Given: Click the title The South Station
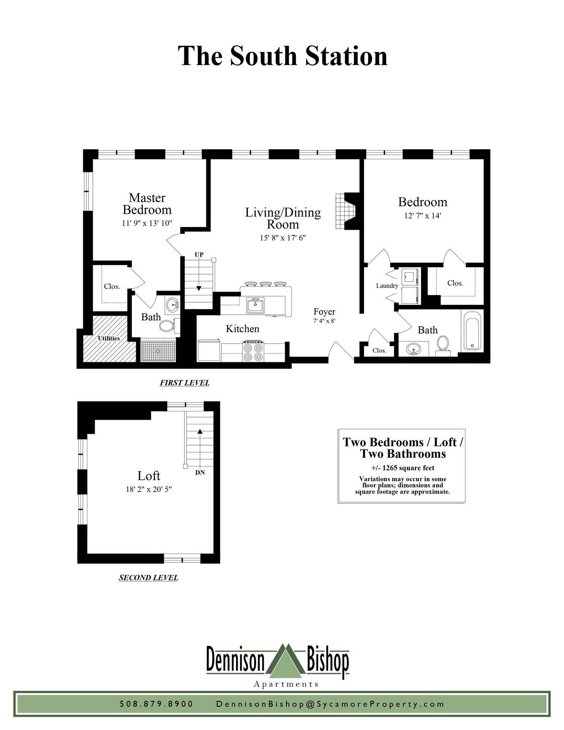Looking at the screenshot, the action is point(282,56).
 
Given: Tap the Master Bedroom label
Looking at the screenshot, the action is point(147,204).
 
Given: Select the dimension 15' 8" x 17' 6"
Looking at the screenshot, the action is point(283,238).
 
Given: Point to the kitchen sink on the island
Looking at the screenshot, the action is point(255,306).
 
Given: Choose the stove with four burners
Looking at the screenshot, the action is point(253,352).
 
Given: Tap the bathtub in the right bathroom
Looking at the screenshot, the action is point(472,331).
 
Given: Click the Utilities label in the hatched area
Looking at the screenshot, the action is point(109,338).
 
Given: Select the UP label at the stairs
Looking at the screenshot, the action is point(199,255).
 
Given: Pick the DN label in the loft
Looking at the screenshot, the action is point(200,473).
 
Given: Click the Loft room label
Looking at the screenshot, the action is point(149,476).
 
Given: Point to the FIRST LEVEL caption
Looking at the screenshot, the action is point(184,383).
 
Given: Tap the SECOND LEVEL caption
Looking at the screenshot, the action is point(148,578).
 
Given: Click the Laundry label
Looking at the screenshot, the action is point(387,286).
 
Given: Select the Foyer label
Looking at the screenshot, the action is point(324,312).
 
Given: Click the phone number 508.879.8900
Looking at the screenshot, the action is point(157,704).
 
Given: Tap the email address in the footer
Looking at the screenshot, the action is point(330,704).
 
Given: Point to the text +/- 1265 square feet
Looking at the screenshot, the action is point(403,468).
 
